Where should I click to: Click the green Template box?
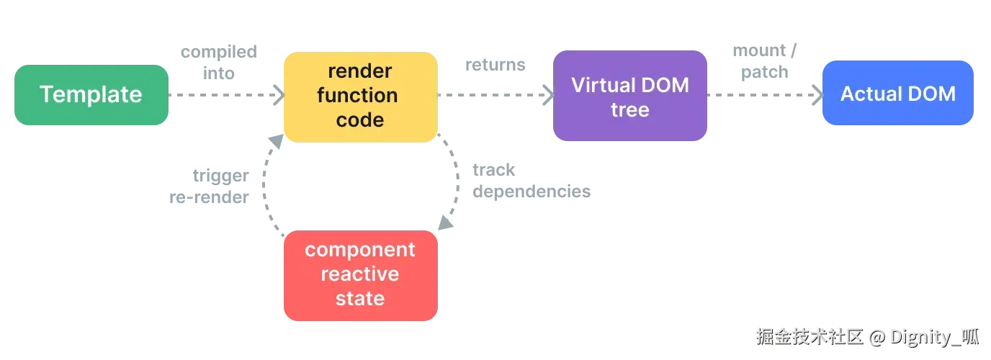[x=91, y=94]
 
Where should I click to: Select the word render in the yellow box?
[x=360, y=71]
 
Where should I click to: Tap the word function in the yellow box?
[x=357, y=95]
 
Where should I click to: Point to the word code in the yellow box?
[x=360, y=120]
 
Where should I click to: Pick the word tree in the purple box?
[x=630, y=110]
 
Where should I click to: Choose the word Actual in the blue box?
[x=866, y=94]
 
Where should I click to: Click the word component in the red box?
[x=360, y=250]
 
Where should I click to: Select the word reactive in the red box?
[x=360, y=274]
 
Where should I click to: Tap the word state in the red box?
[x=360, y=298]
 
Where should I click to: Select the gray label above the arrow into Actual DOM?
[x=765, y=62]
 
